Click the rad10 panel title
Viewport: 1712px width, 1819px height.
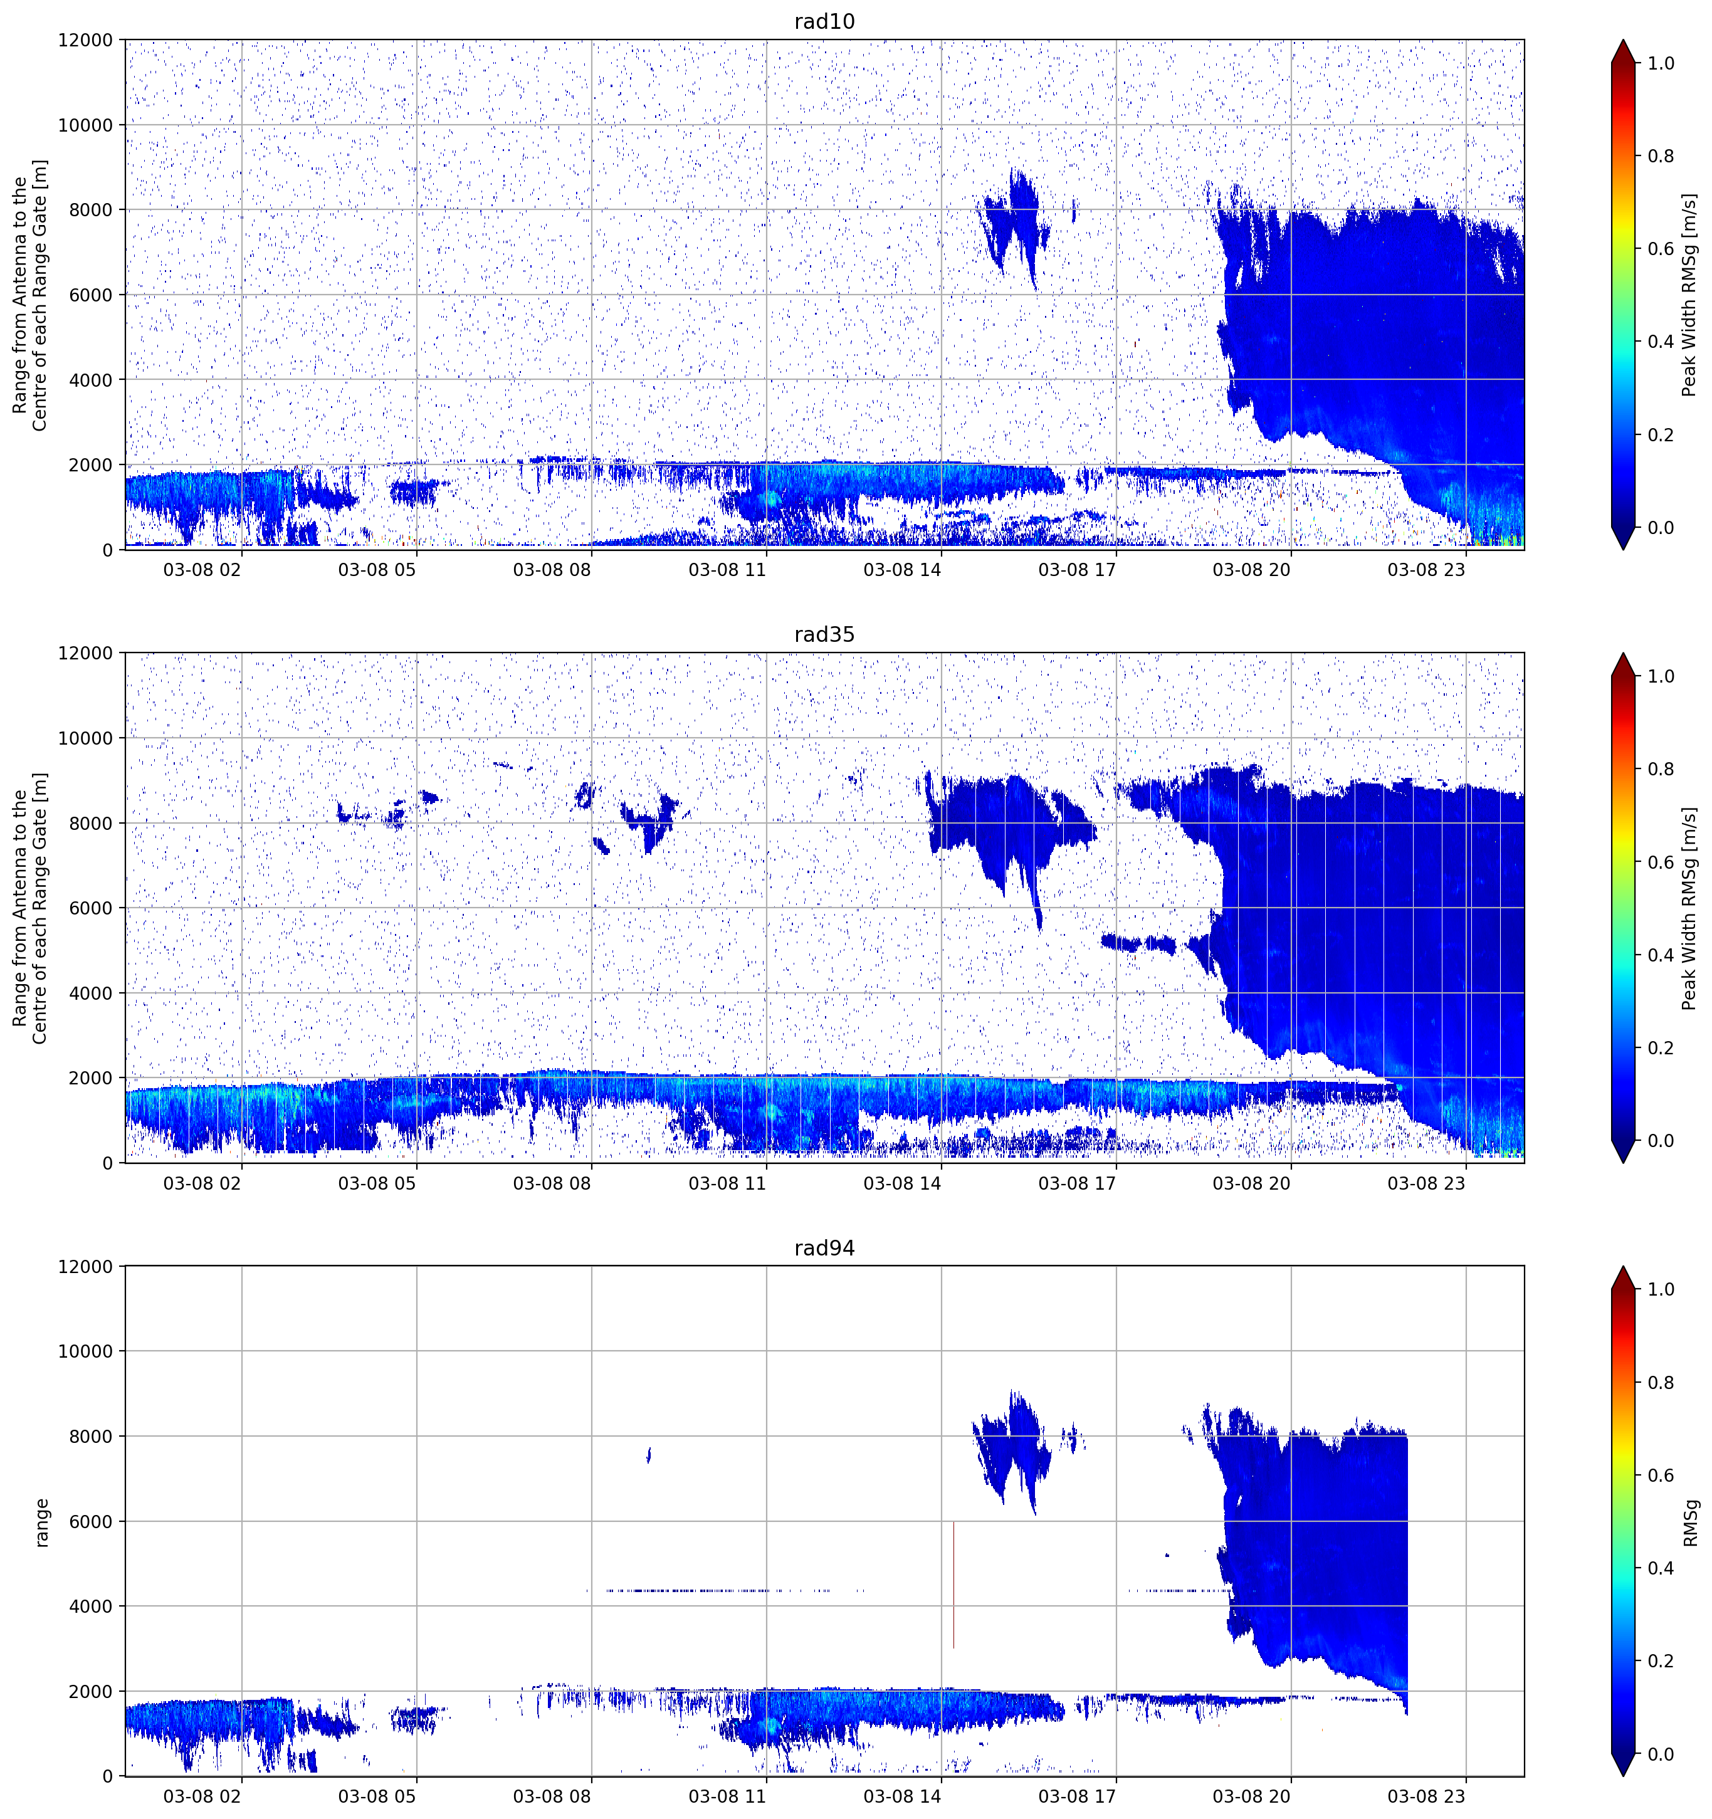click(824, 22)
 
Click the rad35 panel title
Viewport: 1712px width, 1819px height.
click(824, 635)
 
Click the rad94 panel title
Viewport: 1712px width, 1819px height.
click(824, 1248)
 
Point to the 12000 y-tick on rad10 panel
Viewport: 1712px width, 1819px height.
click(86, 40)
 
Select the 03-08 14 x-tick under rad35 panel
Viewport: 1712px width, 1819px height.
click(902, 1183)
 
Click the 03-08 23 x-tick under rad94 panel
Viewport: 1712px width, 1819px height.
click(1427, 1796)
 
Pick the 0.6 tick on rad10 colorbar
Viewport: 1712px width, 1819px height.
click(1661, 249)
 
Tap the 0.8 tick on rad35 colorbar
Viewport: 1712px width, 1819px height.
click(1661, 770)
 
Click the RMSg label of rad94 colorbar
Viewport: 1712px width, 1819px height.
click(1690, 1523)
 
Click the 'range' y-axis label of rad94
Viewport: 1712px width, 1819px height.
click(41, 1523)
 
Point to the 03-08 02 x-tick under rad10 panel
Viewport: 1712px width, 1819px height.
click(202, 570)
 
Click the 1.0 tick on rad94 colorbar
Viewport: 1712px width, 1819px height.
click(1661, 1289)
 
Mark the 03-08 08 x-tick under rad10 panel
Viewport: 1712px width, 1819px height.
click(552, 570)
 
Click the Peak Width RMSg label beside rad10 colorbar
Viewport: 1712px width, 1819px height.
click(1690, 295)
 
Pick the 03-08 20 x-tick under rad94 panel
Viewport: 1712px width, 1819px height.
click(1252, 1796)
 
